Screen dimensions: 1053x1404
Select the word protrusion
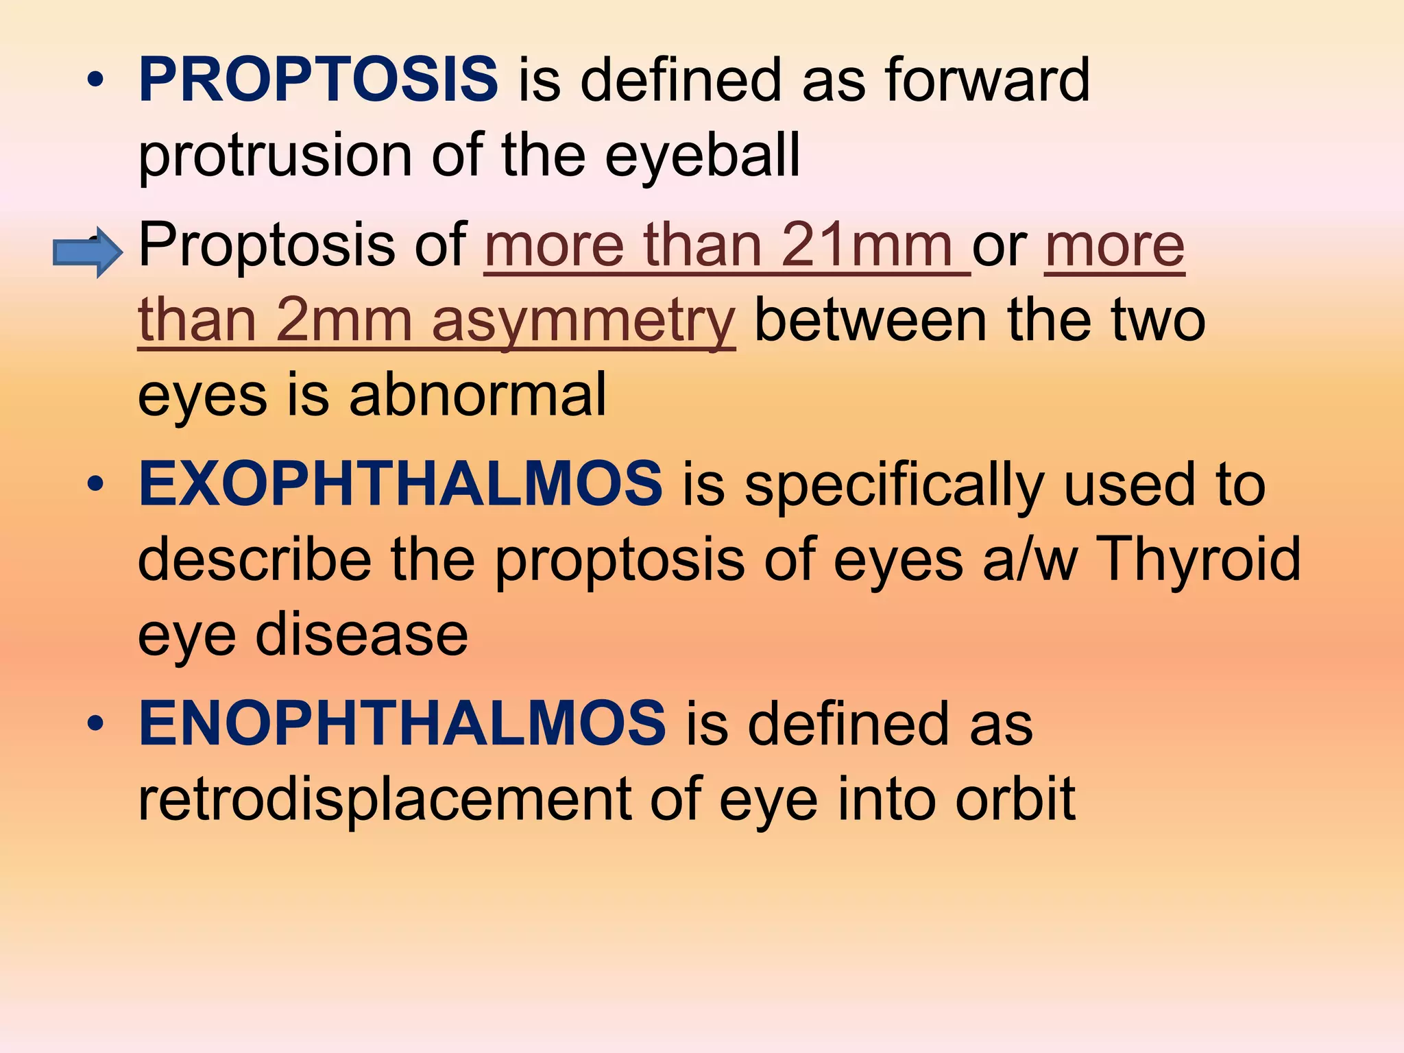(275, 156)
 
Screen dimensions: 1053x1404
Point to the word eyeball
(702, 156)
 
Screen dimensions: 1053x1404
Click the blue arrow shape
(88, 252)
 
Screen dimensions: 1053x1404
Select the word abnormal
(478, 396)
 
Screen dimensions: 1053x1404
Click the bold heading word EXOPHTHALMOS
(400, 484)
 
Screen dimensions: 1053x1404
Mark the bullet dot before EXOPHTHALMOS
(96, 484)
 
